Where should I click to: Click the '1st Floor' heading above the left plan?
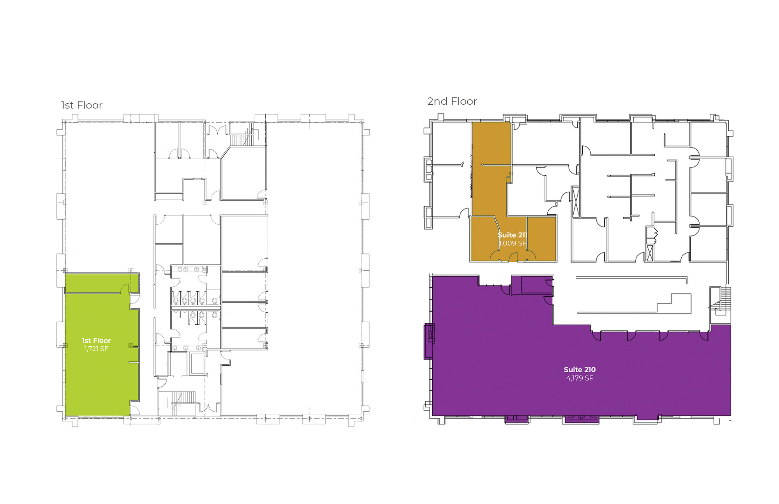[x=82, y=105]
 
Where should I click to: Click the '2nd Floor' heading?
[x=452, y=101]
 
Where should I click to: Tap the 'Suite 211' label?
[x=513, y=235]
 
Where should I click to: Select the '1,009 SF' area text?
[x=513, y=243]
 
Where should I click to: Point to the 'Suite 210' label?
[x=580, y=369]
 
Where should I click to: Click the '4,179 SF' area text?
[x=580, y=378]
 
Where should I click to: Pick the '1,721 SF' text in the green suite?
[x=96, y=348]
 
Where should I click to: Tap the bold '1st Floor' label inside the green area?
[x=96, y=340]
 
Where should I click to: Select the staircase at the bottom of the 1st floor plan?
[x=183, y=402]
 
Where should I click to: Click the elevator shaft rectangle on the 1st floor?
[x=197, y=363]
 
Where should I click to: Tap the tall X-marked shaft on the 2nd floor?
[x=575, y=201]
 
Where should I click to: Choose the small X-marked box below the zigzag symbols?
[x=650, y=253]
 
